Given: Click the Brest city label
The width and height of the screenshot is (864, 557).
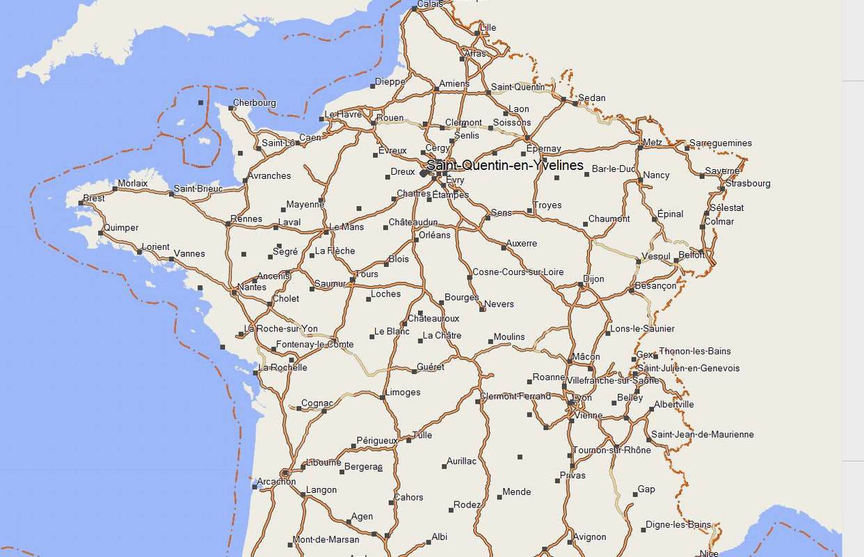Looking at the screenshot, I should point(94,198).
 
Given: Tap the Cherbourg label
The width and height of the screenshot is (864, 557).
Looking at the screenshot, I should point(254,103).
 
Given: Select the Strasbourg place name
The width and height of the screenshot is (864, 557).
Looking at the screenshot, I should point(748,184).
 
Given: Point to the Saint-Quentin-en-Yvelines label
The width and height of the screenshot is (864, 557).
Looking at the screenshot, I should point(505,166).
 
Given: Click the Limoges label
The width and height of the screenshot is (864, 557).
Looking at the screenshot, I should point(403,392).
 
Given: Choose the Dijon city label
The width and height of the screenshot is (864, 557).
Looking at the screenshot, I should point(593,279).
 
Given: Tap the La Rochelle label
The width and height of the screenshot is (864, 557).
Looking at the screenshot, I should point(283,368).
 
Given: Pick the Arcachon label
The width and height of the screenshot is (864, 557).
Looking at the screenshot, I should point(276,482).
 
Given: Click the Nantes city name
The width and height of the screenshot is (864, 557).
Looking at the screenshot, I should point(251,287).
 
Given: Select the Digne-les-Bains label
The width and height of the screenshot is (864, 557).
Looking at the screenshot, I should point(678,525).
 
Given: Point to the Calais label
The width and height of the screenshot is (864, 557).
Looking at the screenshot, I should point(431,4).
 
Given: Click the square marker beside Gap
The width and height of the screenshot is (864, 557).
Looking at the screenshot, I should point(635,494).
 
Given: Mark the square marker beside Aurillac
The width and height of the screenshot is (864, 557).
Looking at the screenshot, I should point(444,466).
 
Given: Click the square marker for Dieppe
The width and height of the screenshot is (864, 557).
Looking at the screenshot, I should point(372,86).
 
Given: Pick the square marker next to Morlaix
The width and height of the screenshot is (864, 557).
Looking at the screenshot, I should point(115,189).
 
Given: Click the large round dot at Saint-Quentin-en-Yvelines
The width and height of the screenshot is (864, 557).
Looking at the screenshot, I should point(424,173).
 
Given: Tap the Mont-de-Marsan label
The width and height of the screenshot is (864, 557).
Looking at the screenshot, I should point(326,540).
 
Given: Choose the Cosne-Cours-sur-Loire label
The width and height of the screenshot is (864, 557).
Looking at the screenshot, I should point(518,272).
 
